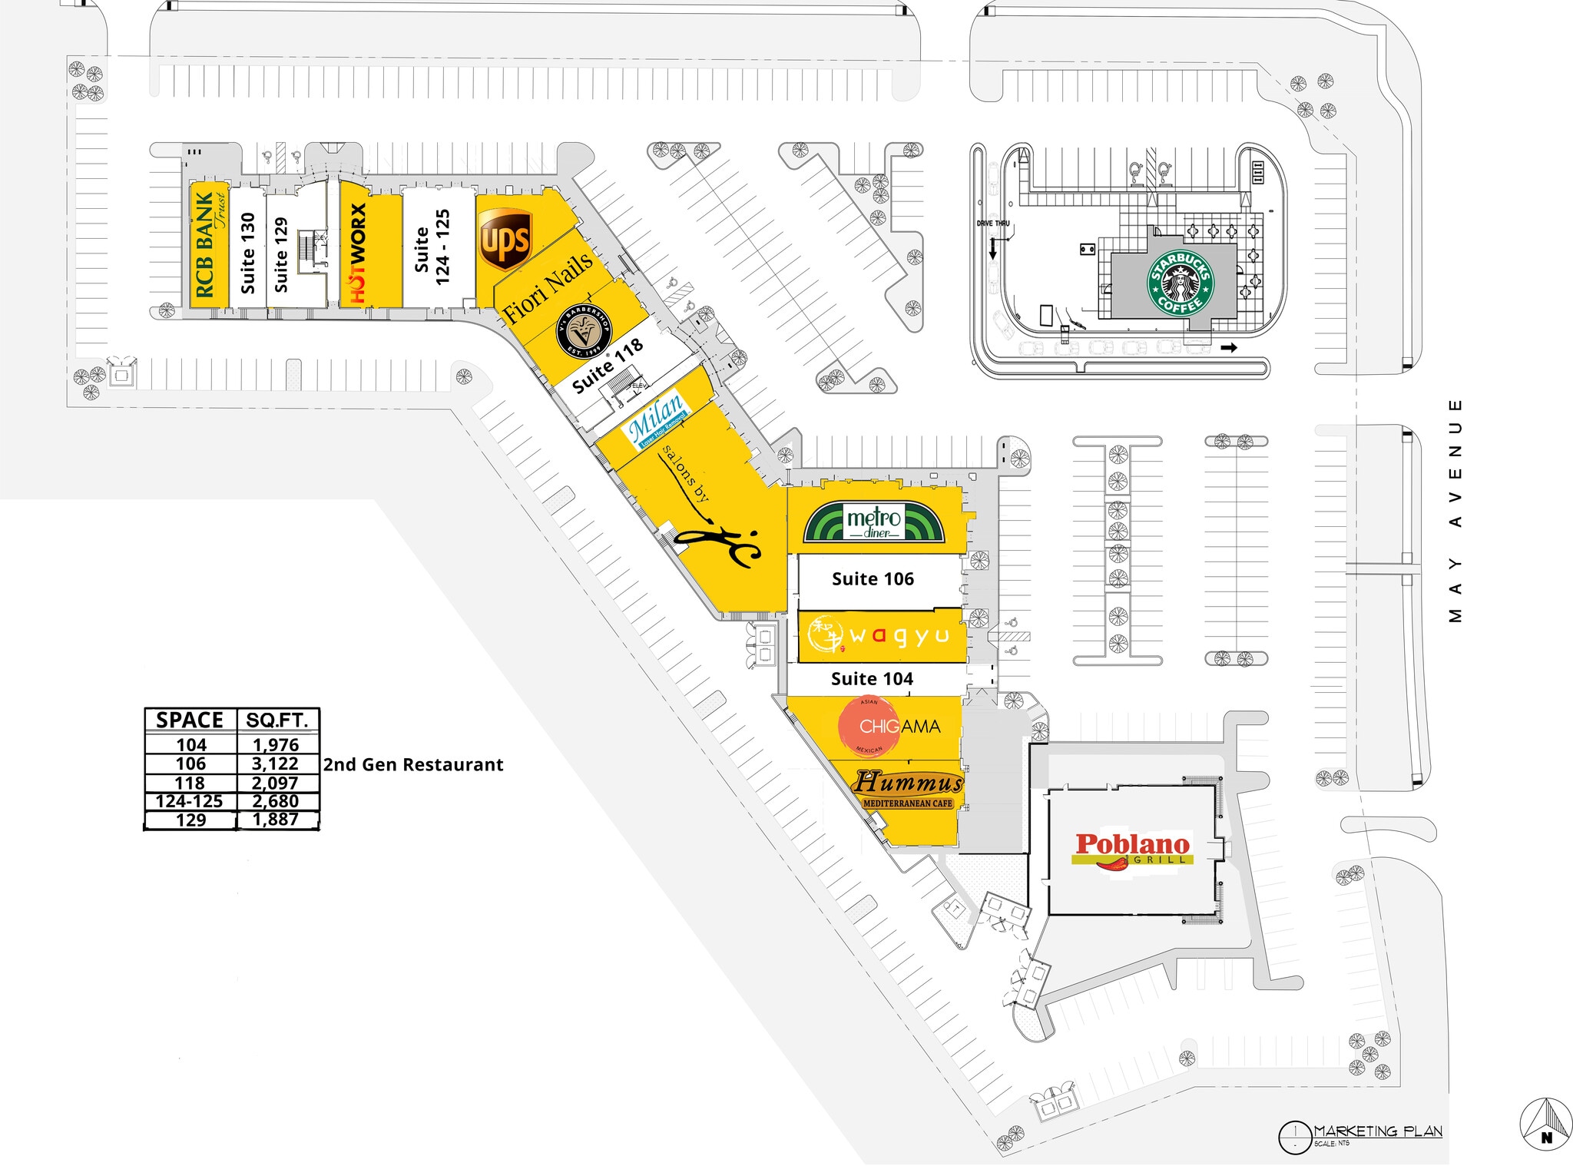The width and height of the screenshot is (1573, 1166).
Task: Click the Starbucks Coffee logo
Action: click(x=1181, y=283)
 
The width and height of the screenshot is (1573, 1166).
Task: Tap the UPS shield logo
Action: click(x=505, y=240)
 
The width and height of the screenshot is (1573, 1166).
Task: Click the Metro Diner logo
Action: click(x=874, y=522)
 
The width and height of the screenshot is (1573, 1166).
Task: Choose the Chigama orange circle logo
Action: click(x=869, y=726)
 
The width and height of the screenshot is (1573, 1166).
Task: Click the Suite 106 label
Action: click(x=873, y=579)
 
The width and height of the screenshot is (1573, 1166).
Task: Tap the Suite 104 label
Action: click(x=872, y=679)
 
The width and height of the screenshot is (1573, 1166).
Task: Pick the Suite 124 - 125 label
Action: click(x=432, y=248)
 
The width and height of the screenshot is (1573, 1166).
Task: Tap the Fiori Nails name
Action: click(x=548, y=287)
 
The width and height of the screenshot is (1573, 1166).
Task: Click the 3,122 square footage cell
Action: click(x=275, y=764)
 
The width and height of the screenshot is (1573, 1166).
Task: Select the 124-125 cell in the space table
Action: click(x=190, y=801)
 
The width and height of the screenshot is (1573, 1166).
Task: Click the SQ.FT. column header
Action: click(x=277, y=720)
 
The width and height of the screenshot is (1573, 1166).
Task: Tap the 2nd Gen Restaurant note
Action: click(x=413, y=765)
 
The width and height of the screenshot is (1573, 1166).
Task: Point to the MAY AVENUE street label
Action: click(x=1455, y=511)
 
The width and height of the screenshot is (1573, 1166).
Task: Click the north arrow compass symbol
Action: click(x=1546, y=1125)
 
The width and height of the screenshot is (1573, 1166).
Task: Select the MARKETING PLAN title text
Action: click(x=1377, y=1131)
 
